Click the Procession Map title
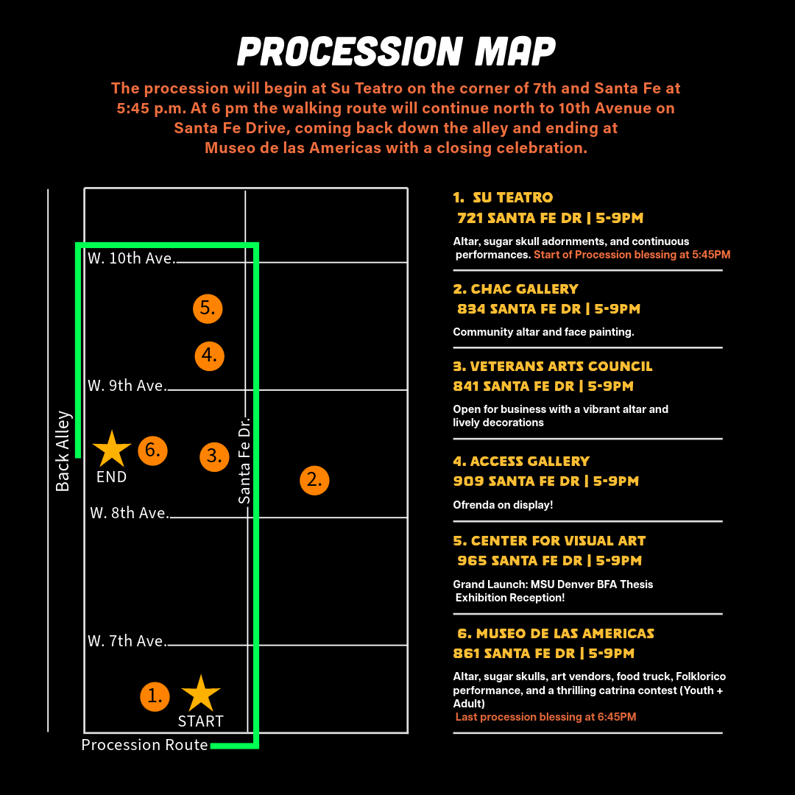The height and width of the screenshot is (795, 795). click(x=397, y=52)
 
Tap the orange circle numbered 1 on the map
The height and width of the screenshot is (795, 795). click(x=155, y=696)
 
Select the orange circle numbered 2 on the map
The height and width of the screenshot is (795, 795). click(x=314, y=480)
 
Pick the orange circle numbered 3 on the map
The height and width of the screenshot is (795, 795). click(x=214, y=456)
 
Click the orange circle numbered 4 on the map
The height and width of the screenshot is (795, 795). click(x=209, y=356)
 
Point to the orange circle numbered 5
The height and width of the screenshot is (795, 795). click(x=208, y=308)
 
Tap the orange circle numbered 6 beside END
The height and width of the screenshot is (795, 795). click(x=152, y=450)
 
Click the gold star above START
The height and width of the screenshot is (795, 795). click(x=200, y=693)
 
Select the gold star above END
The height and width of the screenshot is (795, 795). click(x=112, y=449)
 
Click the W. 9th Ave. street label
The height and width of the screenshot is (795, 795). click(x=127, y=386)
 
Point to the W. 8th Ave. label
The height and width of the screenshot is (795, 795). click(x=130, y=513)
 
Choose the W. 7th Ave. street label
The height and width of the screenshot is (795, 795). click(x=127, y=641)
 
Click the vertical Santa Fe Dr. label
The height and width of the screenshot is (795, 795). click(x=244, y=461)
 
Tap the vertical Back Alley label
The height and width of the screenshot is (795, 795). click(x=63, y=451)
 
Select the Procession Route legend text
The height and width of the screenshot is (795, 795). click(x=144, y=745)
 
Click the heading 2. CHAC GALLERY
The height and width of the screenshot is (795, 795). click(x=515, y=289)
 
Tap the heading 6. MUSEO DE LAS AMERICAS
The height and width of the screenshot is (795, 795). click(x=554, y=634)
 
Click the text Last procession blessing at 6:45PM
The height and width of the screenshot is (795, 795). click(x=545, y=717)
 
